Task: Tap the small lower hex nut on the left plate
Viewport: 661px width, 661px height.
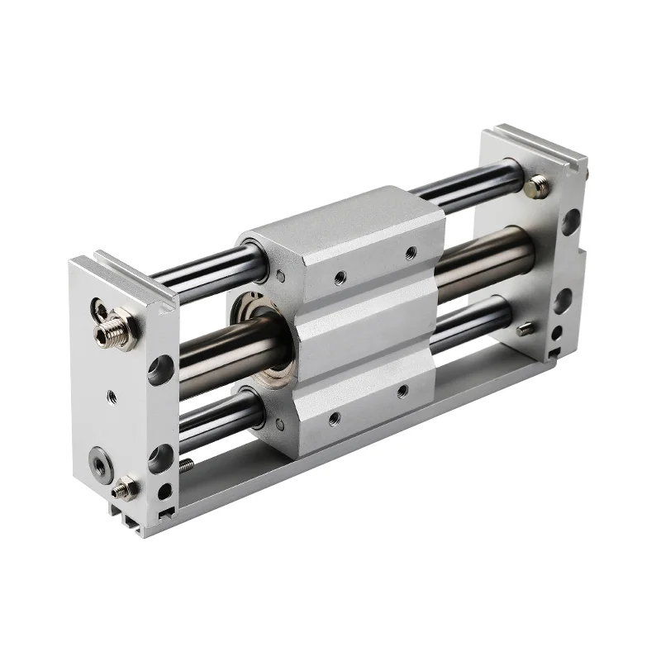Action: (126, 488)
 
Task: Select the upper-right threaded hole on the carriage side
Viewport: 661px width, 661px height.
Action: (409, 254)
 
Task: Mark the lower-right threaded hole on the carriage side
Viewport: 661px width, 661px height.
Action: (402, 391)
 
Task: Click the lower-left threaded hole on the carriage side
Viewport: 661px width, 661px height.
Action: (333, 419)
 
